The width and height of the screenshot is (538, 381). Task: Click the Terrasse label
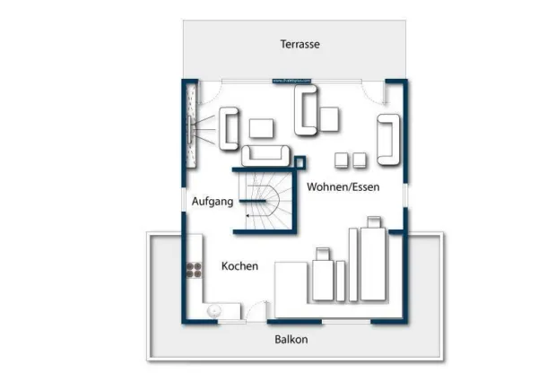point(299,43)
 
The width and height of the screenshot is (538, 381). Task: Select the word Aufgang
point(213,202)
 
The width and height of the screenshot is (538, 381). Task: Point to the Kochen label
point(239,266)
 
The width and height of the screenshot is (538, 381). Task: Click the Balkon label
point(291,339)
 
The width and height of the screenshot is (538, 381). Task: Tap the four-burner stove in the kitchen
point(192,269)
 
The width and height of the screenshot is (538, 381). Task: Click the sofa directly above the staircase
point(266,155)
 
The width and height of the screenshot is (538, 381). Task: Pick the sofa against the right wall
point(389,139)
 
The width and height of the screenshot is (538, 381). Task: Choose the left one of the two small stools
point(341,160)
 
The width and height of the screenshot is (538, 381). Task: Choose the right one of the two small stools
point(359,160)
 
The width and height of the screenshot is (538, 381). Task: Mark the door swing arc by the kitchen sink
point(257,310)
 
